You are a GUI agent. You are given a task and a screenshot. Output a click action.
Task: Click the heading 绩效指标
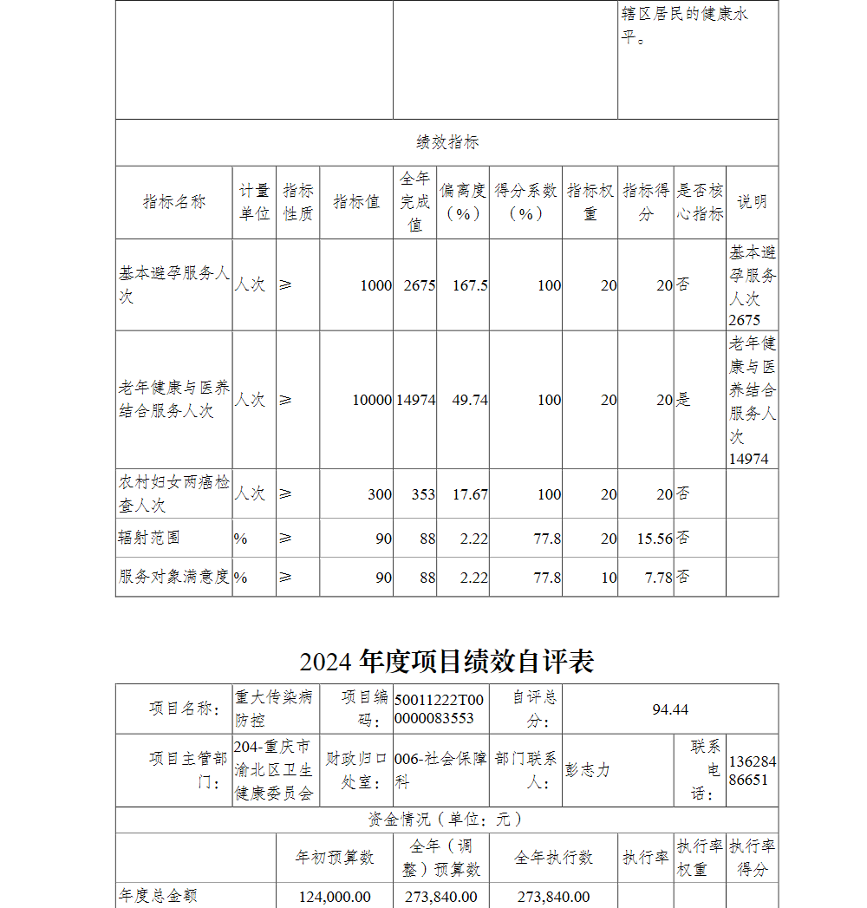pyautogui.click(x=447, y=142)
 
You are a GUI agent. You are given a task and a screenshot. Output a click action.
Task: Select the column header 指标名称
pyautogui.click(x=174, y=202)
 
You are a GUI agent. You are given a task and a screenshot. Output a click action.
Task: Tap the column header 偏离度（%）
pyautogui.click(x=463, y=202)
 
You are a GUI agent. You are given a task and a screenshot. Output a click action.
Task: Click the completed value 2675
pyautogui.click(x=420, y=285)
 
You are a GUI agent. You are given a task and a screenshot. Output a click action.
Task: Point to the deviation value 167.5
pyautogui.click(x=470, y=285)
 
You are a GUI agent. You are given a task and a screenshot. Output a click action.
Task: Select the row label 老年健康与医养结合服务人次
pyautogui.click(x=174, y=399)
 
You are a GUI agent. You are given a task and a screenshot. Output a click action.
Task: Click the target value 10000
pyautogui.click(x=372, y=400)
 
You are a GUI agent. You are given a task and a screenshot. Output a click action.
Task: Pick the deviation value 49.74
pyautogui.click(x=470, y=400)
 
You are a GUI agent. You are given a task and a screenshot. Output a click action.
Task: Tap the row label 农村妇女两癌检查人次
pyautogui.click(x=174, y=493)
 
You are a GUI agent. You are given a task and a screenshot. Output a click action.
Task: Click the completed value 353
pyautogui.click(x=423, y=494)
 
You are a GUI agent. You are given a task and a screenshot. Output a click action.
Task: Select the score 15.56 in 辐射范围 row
pyautogui.click(x=655, y=539)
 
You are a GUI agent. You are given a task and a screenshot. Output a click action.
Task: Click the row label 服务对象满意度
pyautogui.click(x=174, y=577)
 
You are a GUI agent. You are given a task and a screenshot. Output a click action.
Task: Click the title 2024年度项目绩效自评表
pyautogui.click(x=447, y=662)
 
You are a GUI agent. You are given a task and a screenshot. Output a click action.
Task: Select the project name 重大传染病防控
pyautogui.click(x=274, y=708)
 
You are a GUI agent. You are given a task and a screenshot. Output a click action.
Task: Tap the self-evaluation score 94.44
pyautogui.click(x=670, y=709)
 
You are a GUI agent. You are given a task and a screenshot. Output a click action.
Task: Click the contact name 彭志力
pyautogui.click(x=588, y=770)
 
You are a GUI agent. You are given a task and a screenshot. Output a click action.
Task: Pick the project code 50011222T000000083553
pyautogui.click(x=439, y=709)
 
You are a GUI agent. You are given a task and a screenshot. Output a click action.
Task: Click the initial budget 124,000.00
pyautogui.click(x=335, y=897)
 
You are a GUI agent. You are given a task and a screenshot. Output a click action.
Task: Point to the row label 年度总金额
pyautogui.click(x=158, y=895)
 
